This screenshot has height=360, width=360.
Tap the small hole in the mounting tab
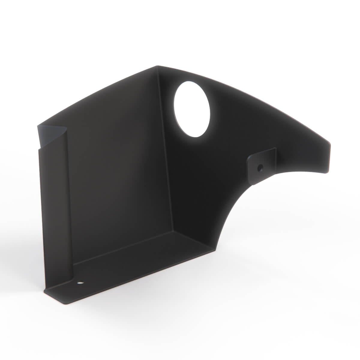[x=260, y=167]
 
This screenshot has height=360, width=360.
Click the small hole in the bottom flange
[x=80, y=282]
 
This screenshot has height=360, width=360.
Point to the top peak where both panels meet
[x=157, y=66]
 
